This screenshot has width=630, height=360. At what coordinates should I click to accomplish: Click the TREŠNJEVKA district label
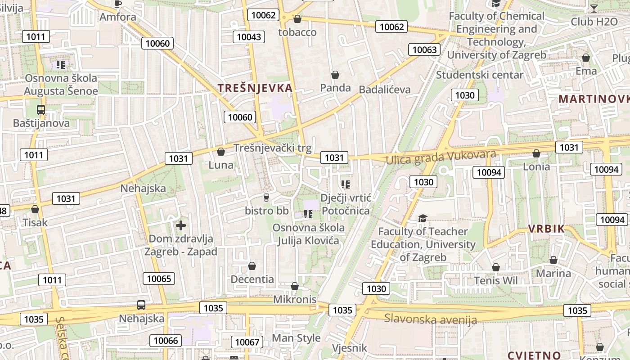pyautogui.click(x=255, y=88)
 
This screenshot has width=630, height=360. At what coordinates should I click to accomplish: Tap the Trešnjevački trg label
pyautogui.click(x=272, y=148)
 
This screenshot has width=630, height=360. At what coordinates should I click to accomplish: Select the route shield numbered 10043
pyautogui.click(x=249, y=37)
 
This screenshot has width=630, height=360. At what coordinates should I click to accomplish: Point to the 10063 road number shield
pyautogui.click(x=424, y=49)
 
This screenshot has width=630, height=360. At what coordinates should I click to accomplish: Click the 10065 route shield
pyautogui.click(x=159, y=279)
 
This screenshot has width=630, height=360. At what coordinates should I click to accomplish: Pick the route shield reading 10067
pyautogui.click(x=247, y=342)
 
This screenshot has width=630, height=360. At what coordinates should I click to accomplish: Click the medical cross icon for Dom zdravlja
pyautogui.click(x=181, y=225)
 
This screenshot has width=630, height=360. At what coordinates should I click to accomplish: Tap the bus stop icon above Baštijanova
pyautogui.click(x=41, y=109)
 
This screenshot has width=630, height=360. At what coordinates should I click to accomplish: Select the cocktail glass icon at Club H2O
pyautogui.click(x=594, y=8)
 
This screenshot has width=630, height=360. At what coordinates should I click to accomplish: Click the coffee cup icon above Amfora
pyautogui.click(x=118, y=4)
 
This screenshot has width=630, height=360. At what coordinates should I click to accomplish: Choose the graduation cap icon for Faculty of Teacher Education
pyautogui.click(x=423, y=219)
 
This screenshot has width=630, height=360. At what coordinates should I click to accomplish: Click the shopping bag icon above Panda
pyautogui.click(x=335, y=75)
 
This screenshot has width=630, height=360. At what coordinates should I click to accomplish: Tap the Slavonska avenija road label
pyautogui.click(x=430, y=319)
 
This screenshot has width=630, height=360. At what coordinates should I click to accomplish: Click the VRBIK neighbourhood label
pyautogui.click(x=546, y=229)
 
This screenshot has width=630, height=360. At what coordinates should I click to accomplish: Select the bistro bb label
pyautogui.click(x=266, y=210)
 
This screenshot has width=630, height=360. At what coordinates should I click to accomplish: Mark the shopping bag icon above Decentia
pyautogui.click(x=252, y=266)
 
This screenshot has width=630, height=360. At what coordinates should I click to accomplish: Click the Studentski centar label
pyautogui.click(x=479, y=75)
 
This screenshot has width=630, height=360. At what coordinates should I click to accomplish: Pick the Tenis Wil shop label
pyautogui.click(x=496, y=280)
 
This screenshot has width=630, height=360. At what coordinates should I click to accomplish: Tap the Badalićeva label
pyautogui.click(x=385, y=90)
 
